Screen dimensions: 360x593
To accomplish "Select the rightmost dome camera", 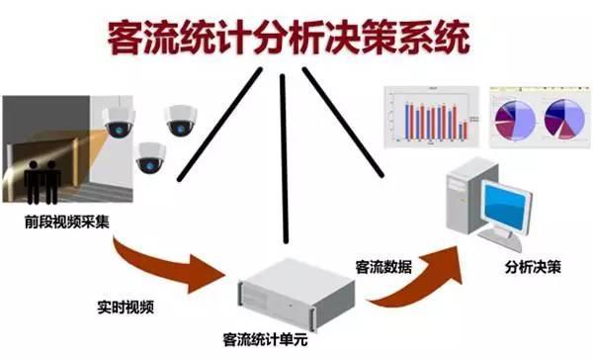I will pyautogui.click(x=183, y=120).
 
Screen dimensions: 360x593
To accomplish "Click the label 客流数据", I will pyautogui.click(x=384, y=268).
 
